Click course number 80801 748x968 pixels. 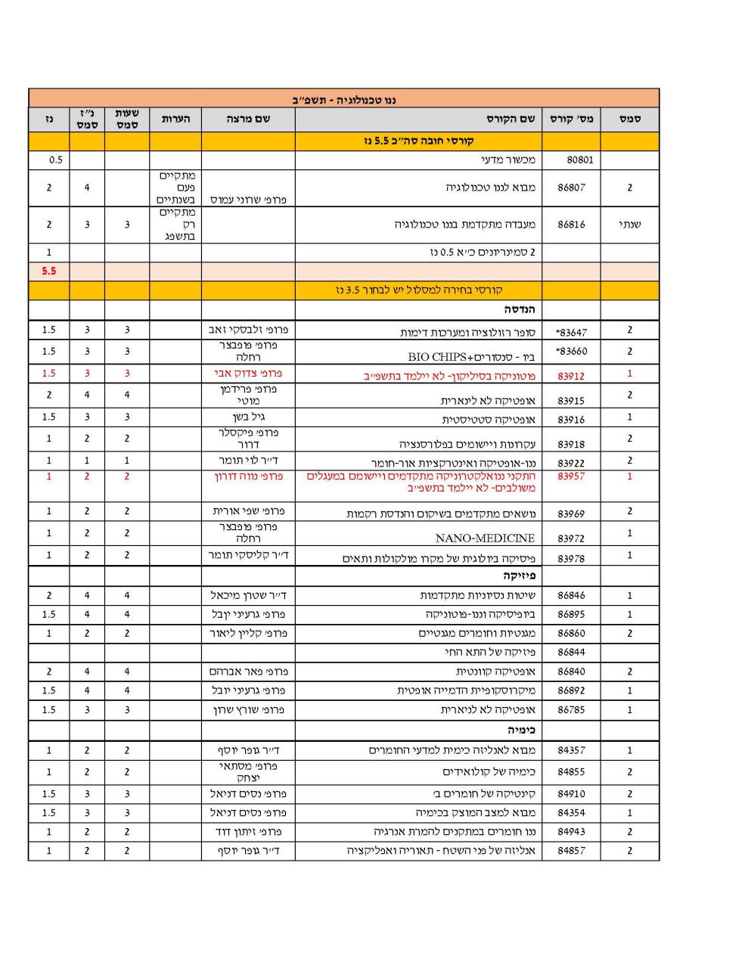pos(571,160)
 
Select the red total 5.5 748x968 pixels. pos(49,271)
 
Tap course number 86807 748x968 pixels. pos(571,188)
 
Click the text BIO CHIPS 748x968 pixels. pos(433,357)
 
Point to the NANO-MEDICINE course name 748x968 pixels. pos(485,538)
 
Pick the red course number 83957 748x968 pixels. pos(571,476)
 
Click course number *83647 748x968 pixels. pos(570,332)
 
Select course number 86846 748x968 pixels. pos(571,596)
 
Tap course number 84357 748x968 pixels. pos(571,751)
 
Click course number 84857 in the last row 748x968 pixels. pos(571,851)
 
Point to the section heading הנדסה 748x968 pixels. pos(520,310)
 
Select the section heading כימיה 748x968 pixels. pos(521,731)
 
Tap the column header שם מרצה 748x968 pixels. pos(248,119)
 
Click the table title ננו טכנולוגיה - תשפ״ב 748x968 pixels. pos(344,100)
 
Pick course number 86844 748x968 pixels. pos(571,652)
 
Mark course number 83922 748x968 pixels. pos(571,463)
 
